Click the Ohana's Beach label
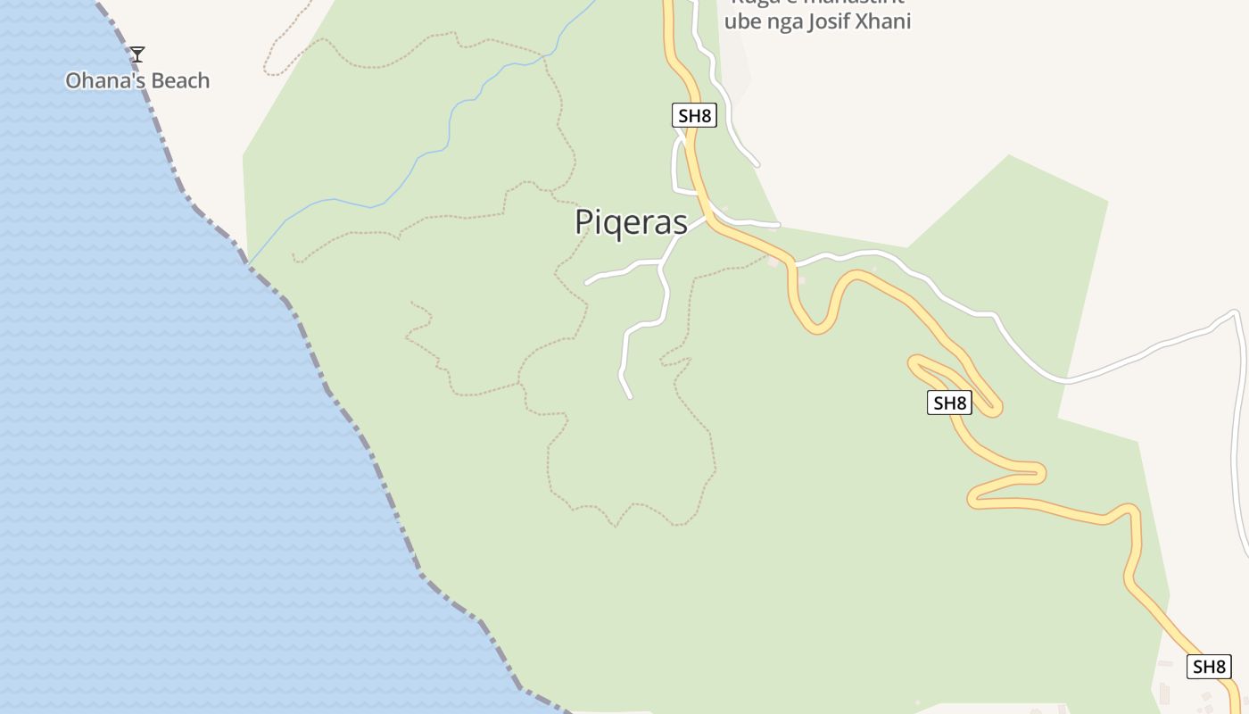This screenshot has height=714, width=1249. pyautogui.click(x=137, y=80)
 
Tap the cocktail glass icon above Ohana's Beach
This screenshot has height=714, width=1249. pyautogui.click(x=136, y=54)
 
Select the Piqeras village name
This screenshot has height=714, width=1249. pyautogui.click(x=631, y=222)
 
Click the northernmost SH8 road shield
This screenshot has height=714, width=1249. pyautogui.click(x=694, y=115)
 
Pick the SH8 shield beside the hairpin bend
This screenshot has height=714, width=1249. pyautogui.click(x=948, y=403)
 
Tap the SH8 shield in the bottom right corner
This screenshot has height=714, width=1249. pyautogui.click(x=1209, y=666)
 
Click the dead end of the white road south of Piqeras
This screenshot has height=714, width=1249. pyautogui.click(x=630, y=396)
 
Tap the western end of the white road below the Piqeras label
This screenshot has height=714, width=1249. pyautogui.click(x=587, y=283)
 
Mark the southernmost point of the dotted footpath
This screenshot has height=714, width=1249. pyautogui.click(x=615, y=526)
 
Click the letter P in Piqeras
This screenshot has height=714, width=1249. pyautogui.click(x=585, y=222)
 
